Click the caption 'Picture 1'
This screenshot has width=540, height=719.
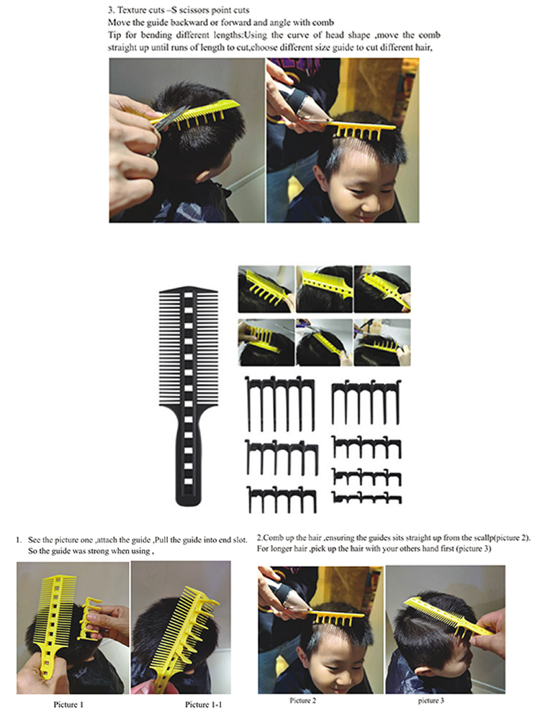pyautogui.click(x=68, y=705)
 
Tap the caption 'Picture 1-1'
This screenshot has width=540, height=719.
pyautogui.click(x=203, y=705)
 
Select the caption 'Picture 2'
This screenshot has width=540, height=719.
pyautogui.click(x=302, y=700)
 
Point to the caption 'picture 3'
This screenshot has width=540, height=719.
pyautogui.click(x=431, y=700)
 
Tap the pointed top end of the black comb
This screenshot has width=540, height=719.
pyautogui.click(x=188, y=288)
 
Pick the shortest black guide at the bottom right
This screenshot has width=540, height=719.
pyautogui.click(x=366, y=498)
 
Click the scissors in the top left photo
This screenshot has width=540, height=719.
pyautogui.click(x=166, y=126)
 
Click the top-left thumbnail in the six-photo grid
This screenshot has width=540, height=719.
pyautogui.click(x=266, y=289)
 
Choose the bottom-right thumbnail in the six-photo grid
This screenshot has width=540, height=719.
pyautogui.click(x=382, y=342)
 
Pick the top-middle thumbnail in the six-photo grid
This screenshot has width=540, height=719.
pyautogui.click(x=324, y=289)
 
